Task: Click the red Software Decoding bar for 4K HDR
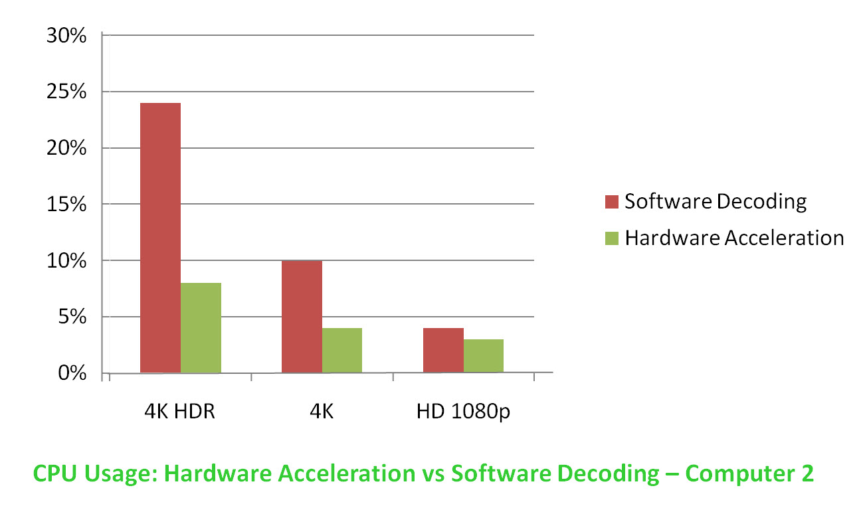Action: click(160, 238)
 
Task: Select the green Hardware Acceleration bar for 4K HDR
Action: click(201, 328)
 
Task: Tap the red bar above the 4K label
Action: click(302, 317)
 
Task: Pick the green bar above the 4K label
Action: click(342, 350)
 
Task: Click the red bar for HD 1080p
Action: click(443, 350)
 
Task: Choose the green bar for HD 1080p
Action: click(484, 356)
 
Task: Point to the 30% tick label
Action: click(66, 36)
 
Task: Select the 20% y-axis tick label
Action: click(66, 148)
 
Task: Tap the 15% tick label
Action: click(66, 205)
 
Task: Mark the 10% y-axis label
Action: click(66, 261)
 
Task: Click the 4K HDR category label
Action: click(180, 412)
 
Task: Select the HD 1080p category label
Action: click(464, 412)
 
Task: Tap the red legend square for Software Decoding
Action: click(612, 202)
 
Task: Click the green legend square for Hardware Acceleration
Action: click(612, 238)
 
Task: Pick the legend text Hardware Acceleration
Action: click(734, 238)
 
